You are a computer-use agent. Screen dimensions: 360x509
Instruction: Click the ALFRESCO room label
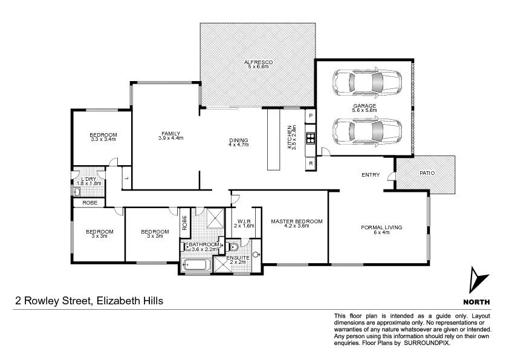[x=259, y=62]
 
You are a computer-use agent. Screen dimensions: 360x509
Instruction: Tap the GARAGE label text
[x=365, y=105]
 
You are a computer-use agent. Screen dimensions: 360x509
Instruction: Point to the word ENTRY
[x=371, y=175]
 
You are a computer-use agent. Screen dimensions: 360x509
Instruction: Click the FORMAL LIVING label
[x=381, y=227]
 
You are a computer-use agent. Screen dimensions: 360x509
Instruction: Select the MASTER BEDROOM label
[x=296, y=221]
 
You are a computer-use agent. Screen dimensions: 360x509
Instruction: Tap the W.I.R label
[x=244, y=222]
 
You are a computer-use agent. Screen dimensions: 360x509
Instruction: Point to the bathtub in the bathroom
[x=195, y=265]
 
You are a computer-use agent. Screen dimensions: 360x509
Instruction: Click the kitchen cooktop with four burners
[x=311, y=137]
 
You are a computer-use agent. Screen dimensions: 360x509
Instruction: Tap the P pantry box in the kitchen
[x=311, y=115]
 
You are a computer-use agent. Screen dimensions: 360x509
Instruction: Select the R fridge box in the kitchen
[x=311, y=163]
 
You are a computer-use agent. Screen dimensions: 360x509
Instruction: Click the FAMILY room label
[x=170, y=134]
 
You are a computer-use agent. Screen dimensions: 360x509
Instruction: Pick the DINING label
[x=238, y=140]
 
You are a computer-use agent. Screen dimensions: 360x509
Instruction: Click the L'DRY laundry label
[x=88, y=179]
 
